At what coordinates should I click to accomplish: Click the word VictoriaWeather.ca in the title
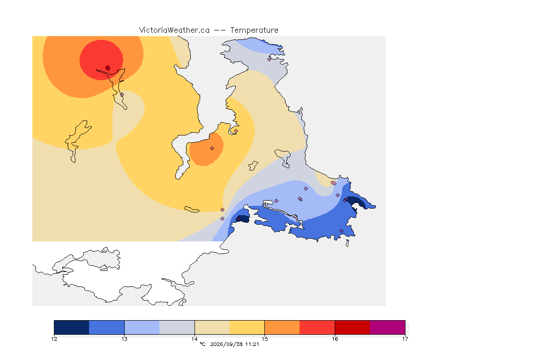(174, 30)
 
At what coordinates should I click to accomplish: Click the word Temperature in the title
(254, 30)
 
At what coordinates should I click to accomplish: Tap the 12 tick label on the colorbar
(54, 339)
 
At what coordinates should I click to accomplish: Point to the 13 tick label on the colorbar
(124, 339)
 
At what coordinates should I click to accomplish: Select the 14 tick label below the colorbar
(195, 339)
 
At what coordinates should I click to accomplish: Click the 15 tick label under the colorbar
(264, 339)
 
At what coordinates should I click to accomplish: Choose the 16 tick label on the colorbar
(335, 339)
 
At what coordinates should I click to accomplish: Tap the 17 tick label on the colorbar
(405, 339)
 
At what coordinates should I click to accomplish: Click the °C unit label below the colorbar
(202, 344)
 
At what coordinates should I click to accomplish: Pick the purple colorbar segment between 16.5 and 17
(388, 327)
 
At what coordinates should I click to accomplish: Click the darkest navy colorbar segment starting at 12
(72, 327)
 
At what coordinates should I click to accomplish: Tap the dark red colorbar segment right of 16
(352, 327)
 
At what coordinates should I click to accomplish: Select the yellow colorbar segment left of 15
(247, 327)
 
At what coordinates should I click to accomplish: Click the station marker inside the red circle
(108, 68)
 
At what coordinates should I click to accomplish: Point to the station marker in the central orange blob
(212, 149)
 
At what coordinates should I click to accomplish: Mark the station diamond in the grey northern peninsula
(270, 59)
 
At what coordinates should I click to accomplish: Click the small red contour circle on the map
(101, 60)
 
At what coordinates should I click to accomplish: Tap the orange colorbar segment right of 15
(282, 327)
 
